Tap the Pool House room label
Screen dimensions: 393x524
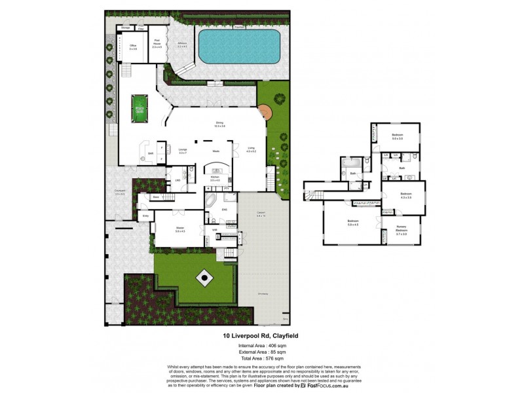(157, 45)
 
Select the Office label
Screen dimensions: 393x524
(132, 47)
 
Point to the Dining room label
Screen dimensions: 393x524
(220, 124)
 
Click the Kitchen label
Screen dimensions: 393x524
(215, 178)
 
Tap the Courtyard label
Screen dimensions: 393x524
(120, 193)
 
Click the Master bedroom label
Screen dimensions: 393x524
(179, 229)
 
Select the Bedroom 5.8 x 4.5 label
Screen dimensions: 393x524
(353, 223)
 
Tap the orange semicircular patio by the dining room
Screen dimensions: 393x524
(265, 112)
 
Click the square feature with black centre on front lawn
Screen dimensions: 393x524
(204, 278)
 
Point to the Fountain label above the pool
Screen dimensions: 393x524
(239, 28)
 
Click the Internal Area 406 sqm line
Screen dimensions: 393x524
(262, 345)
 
